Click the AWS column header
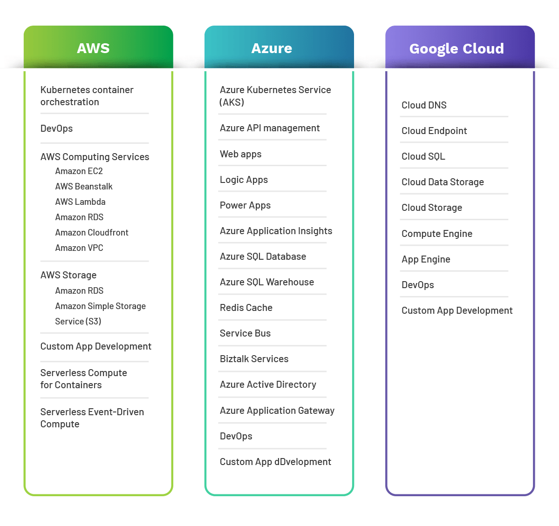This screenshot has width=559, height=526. tap(94, 48)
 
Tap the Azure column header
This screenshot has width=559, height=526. tap(272, 48)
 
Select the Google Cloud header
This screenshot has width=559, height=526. tap(457, 49)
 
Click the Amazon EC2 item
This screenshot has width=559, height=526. tap(79, 171)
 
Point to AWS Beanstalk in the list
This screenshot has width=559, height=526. tap(84, 187)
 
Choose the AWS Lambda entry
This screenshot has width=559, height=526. tap(80, 202)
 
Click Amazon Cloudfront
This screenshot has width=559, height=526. tap(92, 233)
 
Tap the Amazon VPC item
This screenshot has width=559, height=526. tap(79, 248)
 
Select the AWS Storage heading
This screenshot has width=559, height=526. tap(68, 275)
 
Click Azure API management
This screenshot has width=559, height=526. tap(270, 128)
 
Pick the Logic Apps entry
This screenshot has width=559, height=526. tap(244, 180)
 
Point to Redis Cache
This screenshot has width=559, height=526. tap(246, 308)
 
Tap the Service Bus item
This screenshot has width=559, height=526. tap(245, 333)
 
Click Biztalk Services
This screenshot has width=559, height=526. tap(254, 359)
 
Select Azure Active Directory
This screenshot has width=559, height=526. tap(268, 384)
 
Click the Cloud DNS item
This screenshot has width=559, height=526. tap(424, 105)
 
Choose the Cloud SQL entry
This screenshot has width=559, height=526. tap(423, 156)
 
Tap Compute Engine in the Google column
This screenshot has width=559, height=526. tap(437, 234)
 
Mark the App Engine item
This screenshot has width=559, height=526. tap(426, 259)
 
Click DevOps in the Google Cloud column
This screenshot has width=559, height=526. tap(417, 285)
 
